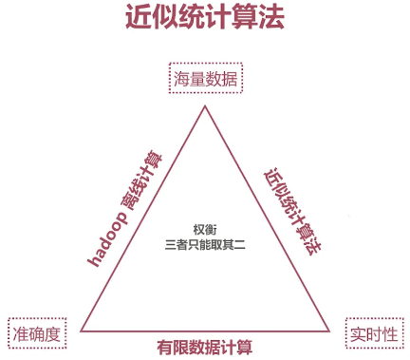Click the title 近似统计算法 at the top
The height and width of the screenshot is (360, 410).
click(204, 18)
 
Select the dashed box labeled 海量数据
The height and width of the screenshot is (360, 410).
click(205, 79)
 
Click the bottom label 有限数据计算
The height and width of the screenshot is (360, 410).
click(205, 346)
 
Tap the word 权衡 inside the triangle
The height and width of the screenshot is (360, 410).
click(205, 230)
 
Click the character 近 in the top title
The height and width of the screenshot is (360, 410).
click(139, 18)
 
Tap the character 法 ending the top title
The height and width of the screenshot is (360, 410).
click(270, 18)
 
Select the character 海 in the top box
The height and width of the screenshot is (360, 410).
click(180, 79)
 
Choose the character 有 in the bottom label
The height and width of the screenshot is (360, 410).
click(165, 346)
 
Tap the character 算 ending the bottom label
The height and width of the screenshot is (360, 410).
click(245, 346)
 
